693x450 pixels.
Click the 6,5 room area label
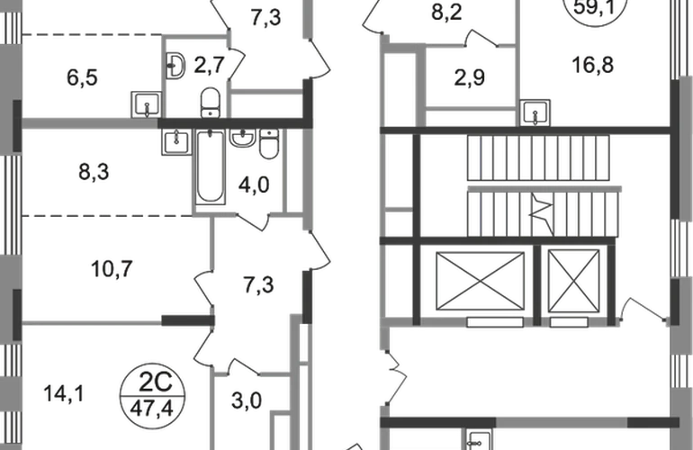[82, 77]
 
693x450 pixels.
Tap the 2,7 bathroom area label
[209, 65]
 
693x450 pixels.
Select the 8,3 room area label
[94, 172]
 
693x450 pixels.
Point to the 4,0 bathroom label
[254, 184]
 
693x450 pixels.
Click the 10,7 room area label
[112, 269]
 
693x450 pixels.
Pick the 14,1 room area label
[64, 393]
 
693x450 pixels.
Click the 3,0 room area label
[247, 400]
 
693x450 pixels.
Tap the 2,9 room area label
[470, 77]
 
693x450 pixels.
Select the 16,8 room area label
[593, 65]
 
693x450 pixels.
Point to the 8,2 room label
[446, 13]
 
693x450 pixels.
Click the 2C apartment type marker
[155, 382]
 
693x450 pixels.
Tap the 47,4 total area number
[151, 409]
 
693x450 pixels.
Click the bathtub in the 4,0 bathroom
[210, 166]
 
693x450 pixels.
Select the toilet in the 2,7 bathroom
[210, 103]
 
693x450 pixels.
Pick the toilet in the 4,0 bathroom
[269, 144]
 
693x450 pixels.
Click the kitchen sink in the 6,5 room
[146, 104]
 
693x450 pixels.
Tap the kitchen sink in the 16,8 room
[535, 112]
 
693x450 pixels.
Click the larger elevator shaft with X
[480, 281]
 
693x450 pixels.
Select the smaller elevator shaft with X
[573, 281]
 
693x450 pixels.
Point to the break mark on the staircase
[542, 213]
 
